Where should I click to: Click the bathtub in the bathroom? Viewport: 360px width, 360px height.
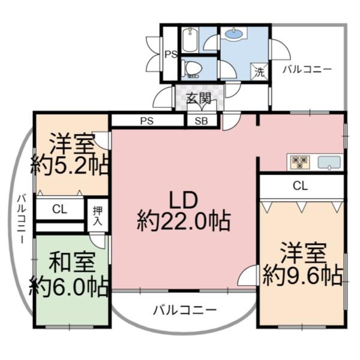[190, 40]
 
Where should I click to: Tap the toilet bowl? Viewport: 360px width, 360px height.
[193, 68]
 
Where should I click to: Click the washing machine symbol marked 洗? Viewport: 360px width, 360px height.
[259, 71]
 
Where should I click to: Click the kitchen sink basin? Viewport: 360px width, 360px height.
[329, 163]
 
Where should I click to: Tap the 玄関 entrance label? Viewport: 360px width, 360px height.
[199, 99]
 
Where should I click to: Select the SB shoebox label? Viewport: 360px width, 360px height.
[202, 121]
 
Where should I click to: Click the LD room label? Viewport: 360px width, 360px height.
[183, 200]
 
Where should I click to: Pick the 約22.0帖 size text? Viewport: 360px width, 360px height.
[184, 221]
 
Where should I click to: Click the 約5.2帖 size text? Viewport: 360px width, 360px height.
[70, 166]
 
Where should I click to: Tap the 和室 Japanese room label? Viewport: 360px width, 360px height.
[72, 262]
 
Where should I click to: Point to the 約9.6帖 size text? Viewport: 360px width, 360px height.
[303, 276]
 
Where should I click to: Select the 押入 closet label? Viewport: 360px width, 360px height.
[98, 215]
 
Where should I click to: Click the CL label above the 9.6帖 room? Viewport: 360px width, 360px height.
[300, 186]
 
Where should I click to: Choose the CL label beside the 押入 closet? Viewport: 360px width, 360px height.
[59, 209]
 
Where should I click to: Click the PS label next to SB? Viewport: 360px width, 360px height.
[147, 121]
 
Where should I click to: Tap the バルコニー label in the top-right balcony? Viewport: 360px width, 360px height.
[307, 69]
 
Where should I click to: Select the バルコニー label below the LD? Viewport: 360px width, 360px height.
[185, 310]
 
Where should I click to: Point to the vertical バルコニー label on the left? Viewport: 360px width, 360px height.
[22, 218]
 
